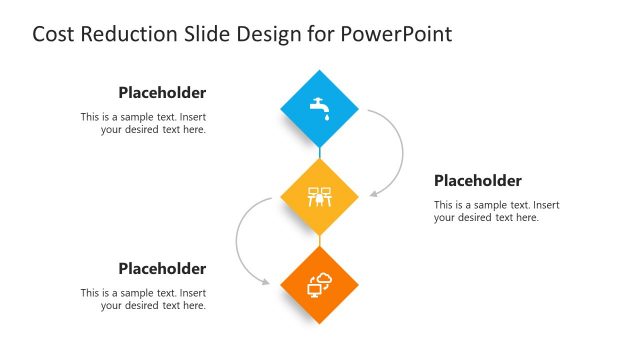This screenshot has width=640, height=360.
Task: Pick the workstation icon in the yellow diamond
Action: coord(319,196)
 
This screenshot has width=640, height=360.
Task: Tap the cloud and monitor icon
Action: coord(319,285)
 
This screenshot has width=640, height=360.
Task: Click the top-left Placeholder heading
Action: coord(162,93)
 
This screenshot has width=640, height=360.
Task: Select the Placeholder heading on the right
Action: coord(477,181)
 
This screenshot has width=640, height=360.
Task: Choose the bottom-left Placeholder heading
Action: coord(162,268)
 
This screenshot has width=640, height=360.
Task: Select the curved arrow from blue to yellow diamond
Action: coord(400,150)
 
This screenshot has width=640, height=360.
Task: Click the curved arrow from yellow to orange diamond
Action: coord(238,240)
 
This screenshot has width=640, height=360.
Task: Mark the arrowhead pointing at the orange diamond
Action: coord(266,282)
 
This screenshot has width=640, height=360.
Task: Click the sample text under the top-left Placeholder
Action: coord(143,123)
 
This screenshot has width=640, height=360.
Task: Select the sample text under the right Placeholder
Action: coord(496,211)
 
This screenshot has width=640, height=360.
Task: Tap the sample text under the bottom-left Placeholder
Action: coord(143,299)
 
